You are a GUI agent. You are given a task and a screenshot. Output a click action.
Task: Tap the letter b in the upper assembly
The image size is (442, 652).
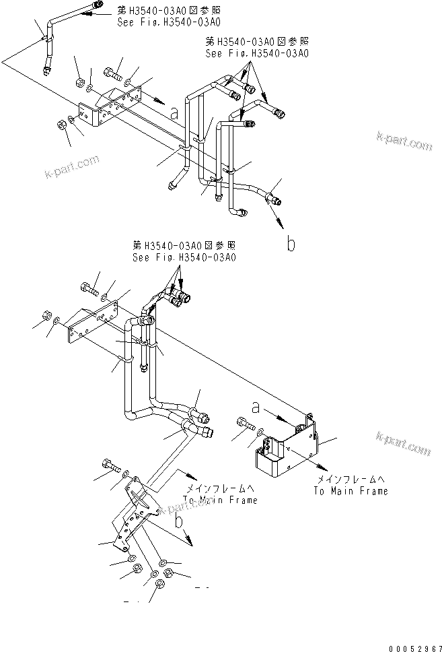[x=291, y=244]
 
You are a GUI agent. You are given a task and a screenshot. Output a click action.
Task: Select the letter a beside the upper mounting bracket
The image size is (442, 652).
[x=174, y=114]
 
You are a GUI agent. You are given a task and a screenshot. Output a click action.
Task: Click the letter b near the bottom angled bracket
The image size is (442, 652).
[x=180, y=521]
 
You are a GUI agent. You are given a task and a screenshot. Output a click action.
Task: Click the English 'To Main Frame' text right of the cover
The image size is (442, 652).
[x=351, y=491]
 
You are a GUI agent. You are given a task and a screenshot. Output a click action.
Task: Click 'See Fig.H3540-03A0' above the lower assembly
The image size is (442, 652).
[x=184, y=257]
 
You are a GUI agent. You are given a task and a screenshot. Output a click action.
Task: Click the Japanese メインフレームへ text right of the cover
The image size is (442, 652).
[x=351, y=479]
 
